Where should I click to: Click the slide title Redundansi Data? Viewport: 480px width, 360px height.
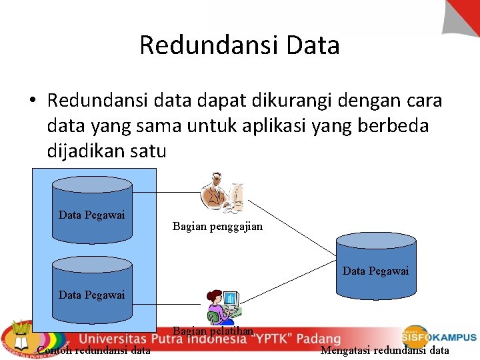point(239,45)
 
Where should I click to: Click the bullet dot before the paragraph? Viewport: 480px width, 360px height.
point(33,101)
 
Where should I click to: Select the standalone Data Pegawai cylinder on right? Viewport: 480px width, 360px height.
point(375,267)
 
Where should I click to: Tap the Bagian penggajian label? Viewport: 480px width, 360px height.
point(217,227)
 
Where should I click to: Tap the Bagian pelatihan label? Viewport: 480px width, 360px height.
point(213,331)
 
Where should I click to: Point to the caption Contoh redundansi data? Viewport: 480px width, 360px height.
point(94,351)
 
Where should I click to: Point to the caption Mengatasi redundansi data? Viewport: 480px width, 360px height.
point(385,351)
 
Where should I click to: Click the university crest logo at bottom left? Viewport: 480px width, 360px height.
point(17,337)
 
